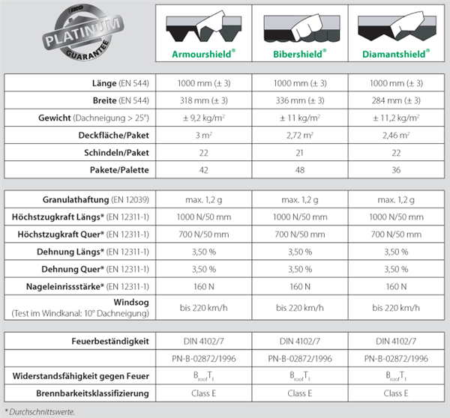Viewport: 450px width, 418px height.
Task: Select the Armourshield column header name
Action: tap(204, 54)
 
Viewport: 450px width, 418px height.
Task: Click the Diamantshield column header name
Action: tap(395, 54)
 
